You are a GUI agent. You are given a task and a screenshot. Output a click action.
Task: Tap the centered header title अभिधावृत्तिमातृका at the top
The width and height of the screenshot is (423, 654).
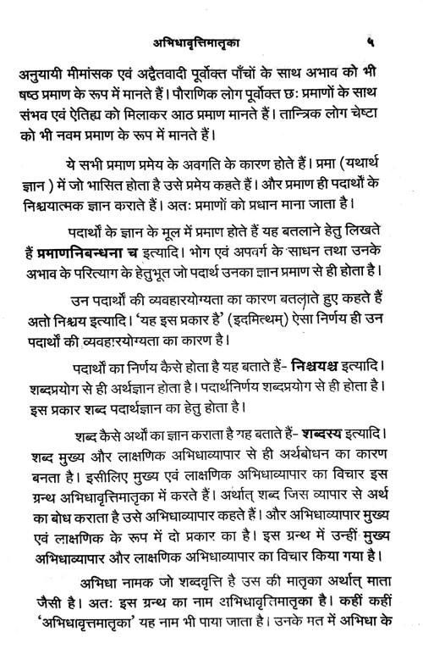pyautogui.click(x=211, y=40)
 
